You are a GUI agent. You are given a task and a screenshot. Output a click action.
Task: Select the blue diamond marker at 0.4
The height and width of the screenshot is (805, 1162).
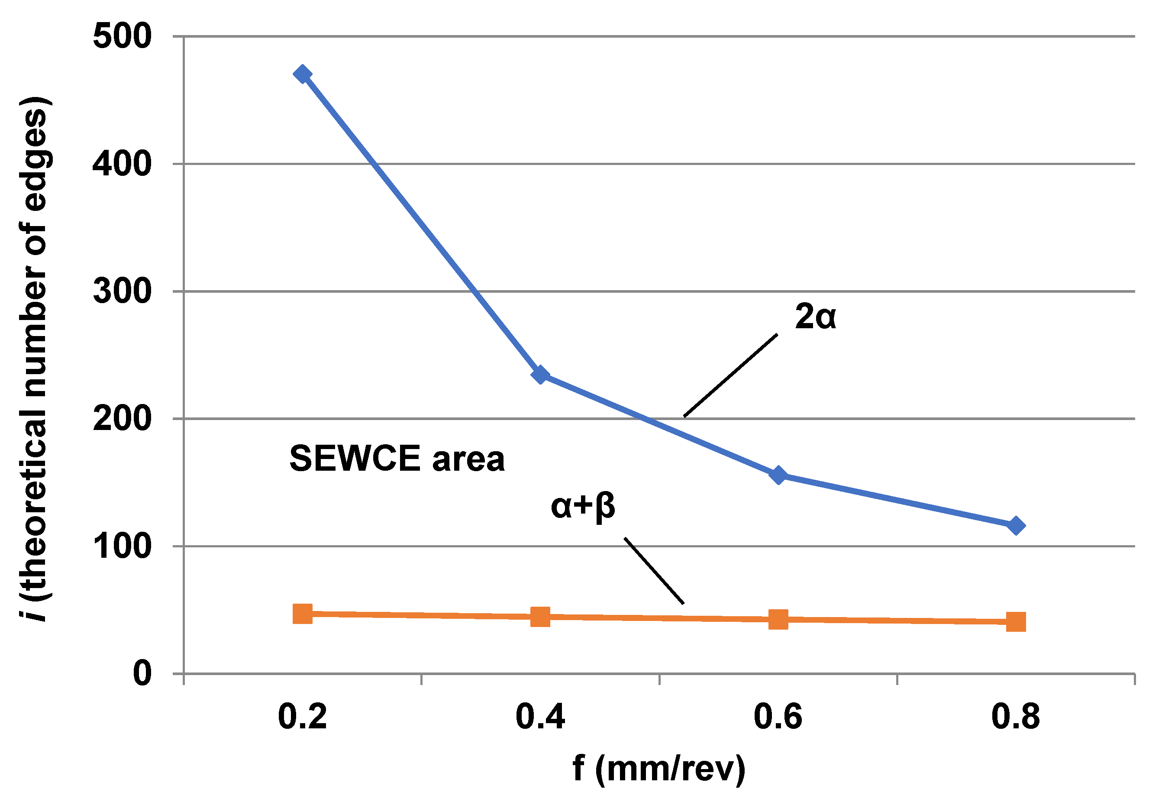click(540, 375)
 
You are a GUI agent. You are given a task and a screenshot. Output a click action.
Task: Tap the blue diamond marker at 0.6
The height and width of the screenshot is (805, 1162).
click(779, 475)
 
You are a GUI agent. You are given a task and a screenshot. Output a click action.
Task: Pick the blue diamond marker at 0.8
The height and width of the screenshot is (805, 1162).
click(1016, 526)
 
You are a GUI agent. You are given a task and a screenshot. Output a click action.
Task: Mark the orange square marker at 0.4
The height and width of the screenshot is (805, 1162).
click(540, 616)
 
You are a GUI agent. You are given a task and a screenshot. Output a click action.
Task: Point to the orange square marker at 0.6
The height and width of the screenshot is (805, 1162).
click(778, 619)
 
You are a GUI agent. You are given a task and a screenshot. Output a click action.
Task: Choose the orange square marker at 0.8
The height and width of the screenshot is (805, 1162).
click(1016, 622)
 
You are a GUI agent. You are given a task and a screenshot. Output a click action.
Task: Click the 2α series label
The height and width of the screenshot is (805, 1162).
click(815, 317)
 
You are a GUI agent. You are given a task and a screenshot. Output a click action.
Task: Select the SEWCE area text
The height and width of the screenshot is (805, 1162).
click(397, 459)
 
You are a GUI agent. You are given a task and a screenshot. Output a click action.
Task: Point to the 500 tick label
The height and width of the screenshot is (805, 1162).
click(122, 36)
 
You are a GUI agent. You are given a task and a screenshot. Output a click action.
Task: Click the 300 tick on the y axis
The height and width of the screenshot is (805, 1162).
click(122, 291)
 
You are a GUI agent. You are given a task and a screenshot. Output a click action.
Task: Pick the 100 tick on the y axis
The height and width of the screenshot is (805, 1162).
click(122, 546)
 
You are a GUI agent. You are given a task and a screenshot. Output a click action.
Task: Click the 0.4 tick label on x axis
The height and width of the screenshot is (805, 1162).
click(540, 717)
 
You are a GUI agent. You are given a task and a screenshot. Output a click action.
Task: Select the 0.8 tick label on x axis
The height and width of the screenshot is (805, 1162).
click(1015, 717)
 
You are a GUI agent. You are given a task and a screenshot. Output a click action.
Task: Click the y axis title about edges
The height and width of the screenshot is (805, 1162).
click(34, 358)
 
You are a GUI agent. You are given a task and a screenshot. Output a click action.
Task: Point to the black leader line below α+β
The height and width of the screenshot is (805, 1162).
click(654, 570)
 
